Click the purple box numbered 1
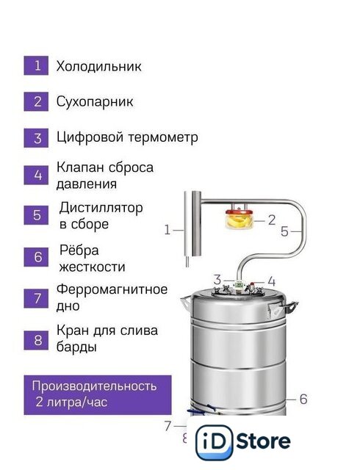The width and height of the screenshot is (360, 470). coord(36,65)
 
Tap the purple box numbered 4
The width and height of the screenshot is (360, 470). coord(36,175)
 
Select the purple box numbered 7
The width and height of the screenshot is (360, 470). coord(36,298)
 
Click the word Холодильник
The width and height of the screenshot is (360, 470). coord(98,66)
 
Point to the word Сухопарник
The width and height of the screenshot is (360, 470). coord(95,102)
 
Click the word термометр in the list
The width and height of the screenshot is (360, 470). coord(163,137)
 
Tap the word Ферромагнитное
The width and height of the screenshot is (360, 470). coord(112,289)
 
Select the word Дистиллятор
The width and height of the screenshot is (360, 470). coord(101,208)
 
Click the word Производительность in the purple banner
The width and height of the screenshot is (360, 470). coord(94,386)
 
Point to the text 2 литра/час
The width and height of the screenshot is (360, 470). coord(71,402)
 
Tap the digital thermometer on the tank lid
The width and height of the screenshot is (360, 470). coord(239,284)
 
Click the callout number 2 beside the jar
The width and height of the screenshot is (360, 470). coord(272,220)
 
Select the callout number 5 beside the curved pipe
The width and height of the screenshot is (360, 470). coord(284,231)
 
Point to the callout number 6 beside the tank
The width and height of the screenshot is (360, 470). coord(303,399)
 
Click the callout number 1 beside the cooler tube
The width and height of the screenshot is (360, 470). coord(167,230)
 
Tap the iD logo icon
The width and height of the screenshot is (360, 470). coord(214,442)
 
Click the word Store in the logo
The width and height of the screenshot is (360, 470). coord(264,441)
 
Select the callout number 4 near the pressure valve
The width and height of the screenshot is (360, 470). coord(272,282)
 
